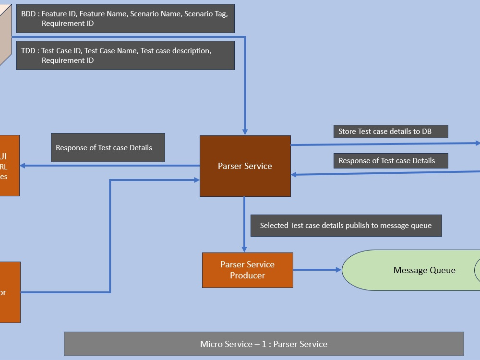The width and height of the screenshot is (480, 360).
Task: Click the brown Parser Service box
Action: (x=245, y=166)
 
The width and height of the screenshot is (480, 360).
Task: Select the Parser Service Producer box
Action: (x=247, y=270)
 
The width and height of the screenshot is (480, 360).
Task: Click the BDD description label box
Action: (x=125, y=19)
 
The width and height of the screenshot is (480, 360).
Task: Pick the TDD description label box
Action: (x=125, y=56)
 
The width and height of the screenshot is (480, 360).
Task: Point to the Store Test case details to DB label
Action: (x=391, y=132)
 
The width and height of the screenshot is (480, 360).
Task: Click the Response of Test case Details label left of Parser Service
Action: (x=108, y=148)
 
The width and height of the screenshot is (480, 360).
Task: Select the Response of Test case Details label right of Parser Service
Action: (x=391, y=161)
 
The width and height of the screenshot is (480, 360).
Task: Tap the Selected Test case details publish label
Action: (x=346, y=226)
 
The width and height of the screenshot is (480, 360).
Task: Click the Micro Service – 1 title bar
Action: (x=264, y=344)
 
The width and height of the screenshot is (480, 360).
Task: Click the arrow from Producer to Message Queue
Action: (x=317, y=270)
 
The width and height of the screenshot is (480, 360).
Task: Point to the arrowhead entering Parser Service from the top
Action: (x=245, y=132)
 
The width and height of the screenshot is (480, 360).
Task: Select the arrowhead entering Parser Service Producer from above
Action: (x=244, y=249)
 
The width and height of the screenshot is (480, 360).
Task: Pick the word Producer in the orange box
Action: (x=247, y=276)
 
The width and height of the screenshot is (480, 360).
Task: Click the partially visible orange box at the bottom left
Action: (x=10, y=292)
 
